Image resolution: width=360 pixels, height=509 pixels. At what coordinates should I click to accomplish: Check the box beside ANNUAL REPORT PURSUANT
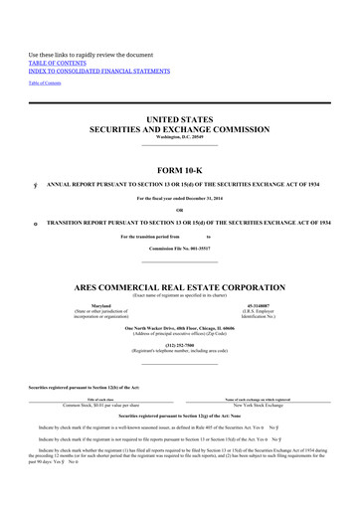click(x=35, y=185)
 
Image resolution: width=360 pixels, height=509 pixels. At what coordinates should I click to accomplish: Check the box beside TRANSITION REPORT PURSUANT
click(x=35, y=224)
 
